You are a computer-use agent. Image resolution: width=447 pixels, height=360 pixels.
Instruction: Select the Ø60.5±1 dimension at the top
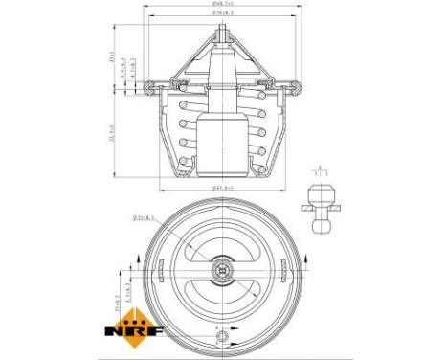coord(224,7)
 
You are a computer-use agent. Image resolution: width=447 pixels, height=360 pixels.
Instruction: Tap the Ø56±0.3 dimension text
coord(224,15)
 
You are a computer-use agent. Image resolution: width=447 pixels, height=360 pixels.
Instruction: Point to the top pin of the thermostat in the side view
coord(223,30)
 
